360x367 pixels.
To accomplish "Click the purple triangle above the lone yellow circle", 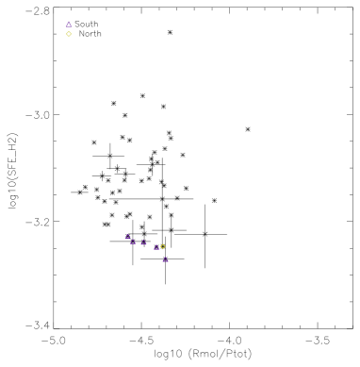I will click(69, 25).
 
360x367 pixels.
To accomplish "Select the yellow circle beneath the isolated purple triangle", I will click(69, 34).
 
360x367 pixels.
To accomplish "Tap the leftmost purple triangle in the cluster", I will click(127, 237).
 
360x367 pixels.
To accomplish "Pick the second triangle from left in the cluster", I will click(134, 242).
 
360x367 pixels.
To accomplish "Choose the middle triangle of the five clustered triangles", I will click(143, 242).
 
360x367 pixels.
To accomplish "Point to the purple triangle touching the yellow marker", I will click(156, 247).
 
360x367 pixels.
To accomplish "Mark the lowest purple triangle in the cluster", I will click(165, 259).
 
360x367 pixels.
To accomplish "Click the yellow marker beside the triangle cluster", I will click(162, 246).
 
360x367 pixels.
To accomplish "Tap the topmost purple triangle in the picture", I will click(69, 25).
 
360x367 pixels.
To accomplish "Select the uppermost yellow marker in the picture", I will click(69, 34).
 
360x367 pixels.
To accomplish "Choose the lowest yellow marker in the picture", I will click(162, 246).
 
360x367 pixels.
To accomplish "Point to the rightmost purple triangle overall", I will click(165, 259).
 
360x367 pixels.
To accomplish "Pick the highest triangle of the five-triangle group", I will click(127, 237).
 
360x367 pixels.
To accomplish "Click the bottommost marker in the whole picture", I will click(165, 259).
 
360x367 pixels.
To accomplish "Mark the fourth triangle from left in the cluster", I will click(156, 247).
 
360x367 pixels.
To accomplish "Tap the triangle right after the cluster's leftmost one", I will click(134, 242).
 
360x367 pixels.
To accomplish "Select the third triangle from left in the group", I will click(143, 242).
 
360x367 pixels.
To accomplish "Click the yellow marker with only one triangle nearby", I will click(69, 34).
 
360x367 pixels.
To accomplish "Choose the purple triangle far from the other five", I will click(69, 25).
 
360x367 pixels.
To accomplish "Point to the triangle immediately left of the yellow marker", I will click(156, 247).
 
